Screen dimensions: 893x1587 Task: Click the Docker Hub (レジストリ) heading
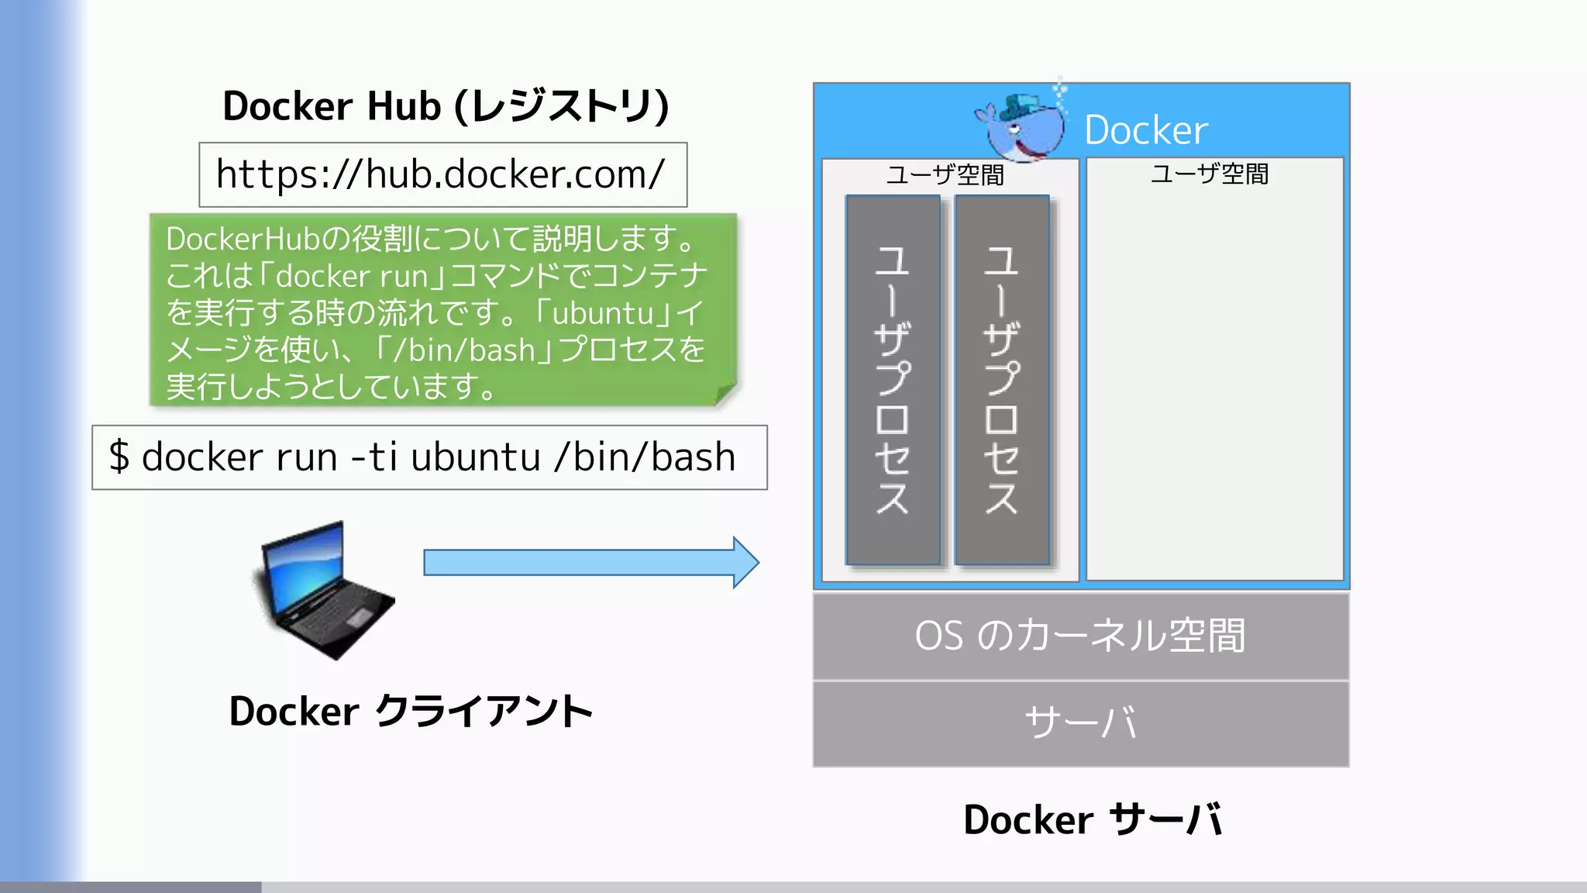pos(445,106)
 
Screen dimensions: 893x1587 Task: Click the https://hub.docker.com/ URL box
pos(442,174)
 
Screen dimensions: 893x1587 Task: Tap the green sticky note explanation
pos(442,310)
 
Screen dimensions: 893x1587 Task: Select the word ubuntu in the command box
pos(475,457)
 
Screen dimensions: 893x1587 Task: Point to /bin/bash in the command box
pos(645,457)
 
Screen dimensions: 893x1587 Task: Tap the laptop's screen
pos(304,566)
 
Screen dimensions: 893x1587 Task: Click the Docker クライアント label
pos(411,712)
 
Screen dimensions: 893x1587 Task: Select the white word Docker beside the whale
pos(1145,130)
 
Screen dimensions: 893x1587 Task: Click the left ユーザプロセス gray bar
pos(893,380)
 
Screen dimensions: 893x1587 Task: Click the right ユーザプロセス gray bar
pos(1001,380)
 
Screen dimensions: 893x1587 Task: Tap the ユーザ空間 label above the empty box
pos(1209,174)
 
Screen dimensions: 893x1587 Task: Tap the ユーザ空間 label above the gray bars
pos(945,175)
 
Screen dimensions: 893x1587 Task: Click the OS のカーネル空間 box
pos(1080,636)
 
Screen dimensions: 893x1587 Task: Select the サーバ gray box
pos(1080,723)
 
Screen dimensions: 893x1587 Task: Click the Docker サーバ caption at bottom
pos(1093,820)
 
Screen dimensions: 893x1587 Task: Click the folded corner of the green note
pos(726,395)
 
